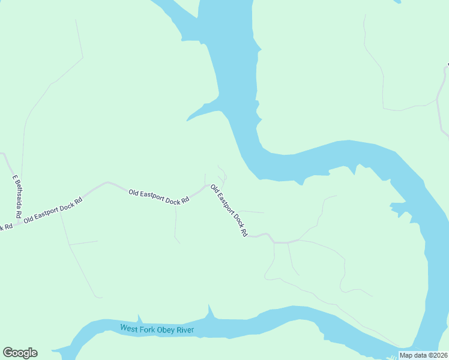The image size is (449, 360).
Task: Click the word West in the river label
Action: coord(129,328)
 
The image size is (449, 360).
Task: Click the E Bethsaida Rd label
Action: coord(17,196)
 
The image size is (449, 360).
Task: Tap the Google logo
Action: coord(20,353)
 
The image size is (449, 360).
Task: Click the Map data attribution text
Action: coord(413,355)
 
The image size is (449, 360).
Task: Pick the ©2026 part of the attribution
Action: coord(438,355)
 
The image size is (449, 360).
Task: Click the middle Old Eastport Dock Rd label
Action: coord(158,197)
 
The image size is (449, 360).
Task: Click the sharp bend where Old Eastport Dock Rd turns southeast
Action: coord(209,185)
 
